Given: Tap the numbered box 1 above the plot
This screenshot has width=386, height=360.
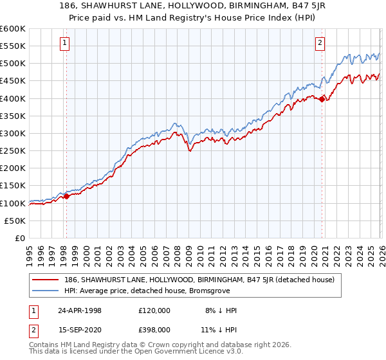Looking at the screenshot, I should pyautogui.click(x=66, y=43).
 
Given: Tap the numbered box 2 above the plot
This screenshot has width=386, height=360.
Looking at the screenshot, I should pyautogui.click(x=320, y=43).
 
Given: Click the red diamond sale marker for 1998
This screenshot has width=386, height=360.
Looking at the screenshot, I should pyautogui.click(x=66, y=196).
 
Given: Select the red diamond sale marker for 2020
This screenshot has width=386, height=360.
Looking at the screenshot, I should pyautogui.click(x=322, y=99).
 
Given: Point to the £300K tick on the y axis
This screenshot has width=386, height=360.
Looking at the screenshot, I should pyautogui.click(x=13, y=133).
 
